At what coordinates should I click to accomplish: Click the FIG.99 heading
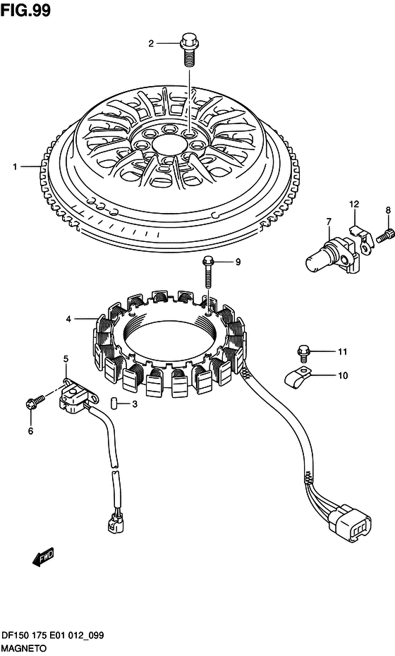[25, 10]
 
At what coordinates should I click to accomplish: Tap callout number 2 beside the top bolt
[151, 43]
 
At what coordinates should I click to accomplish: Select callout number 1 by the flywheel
[16, 167]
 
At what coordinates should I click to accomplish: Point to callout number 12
[354, 205]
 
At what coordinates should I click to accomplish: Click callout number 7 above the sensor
[329, 221]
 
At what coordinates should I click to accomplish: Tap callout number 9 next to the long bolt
[238, 262]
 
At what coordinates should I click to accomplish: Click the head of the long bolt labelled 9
[208, 262]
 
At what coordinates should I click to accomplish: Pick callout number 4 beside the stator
[68, 320]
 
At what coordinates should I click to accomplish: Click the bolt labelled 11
[303, 353]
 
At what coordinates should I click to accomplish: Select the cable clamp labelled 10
[297, 376]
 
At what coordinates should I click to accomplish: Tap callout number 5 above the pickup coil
[66, 358]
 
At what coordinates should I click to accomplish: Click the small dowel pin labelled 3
[113, 403]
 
